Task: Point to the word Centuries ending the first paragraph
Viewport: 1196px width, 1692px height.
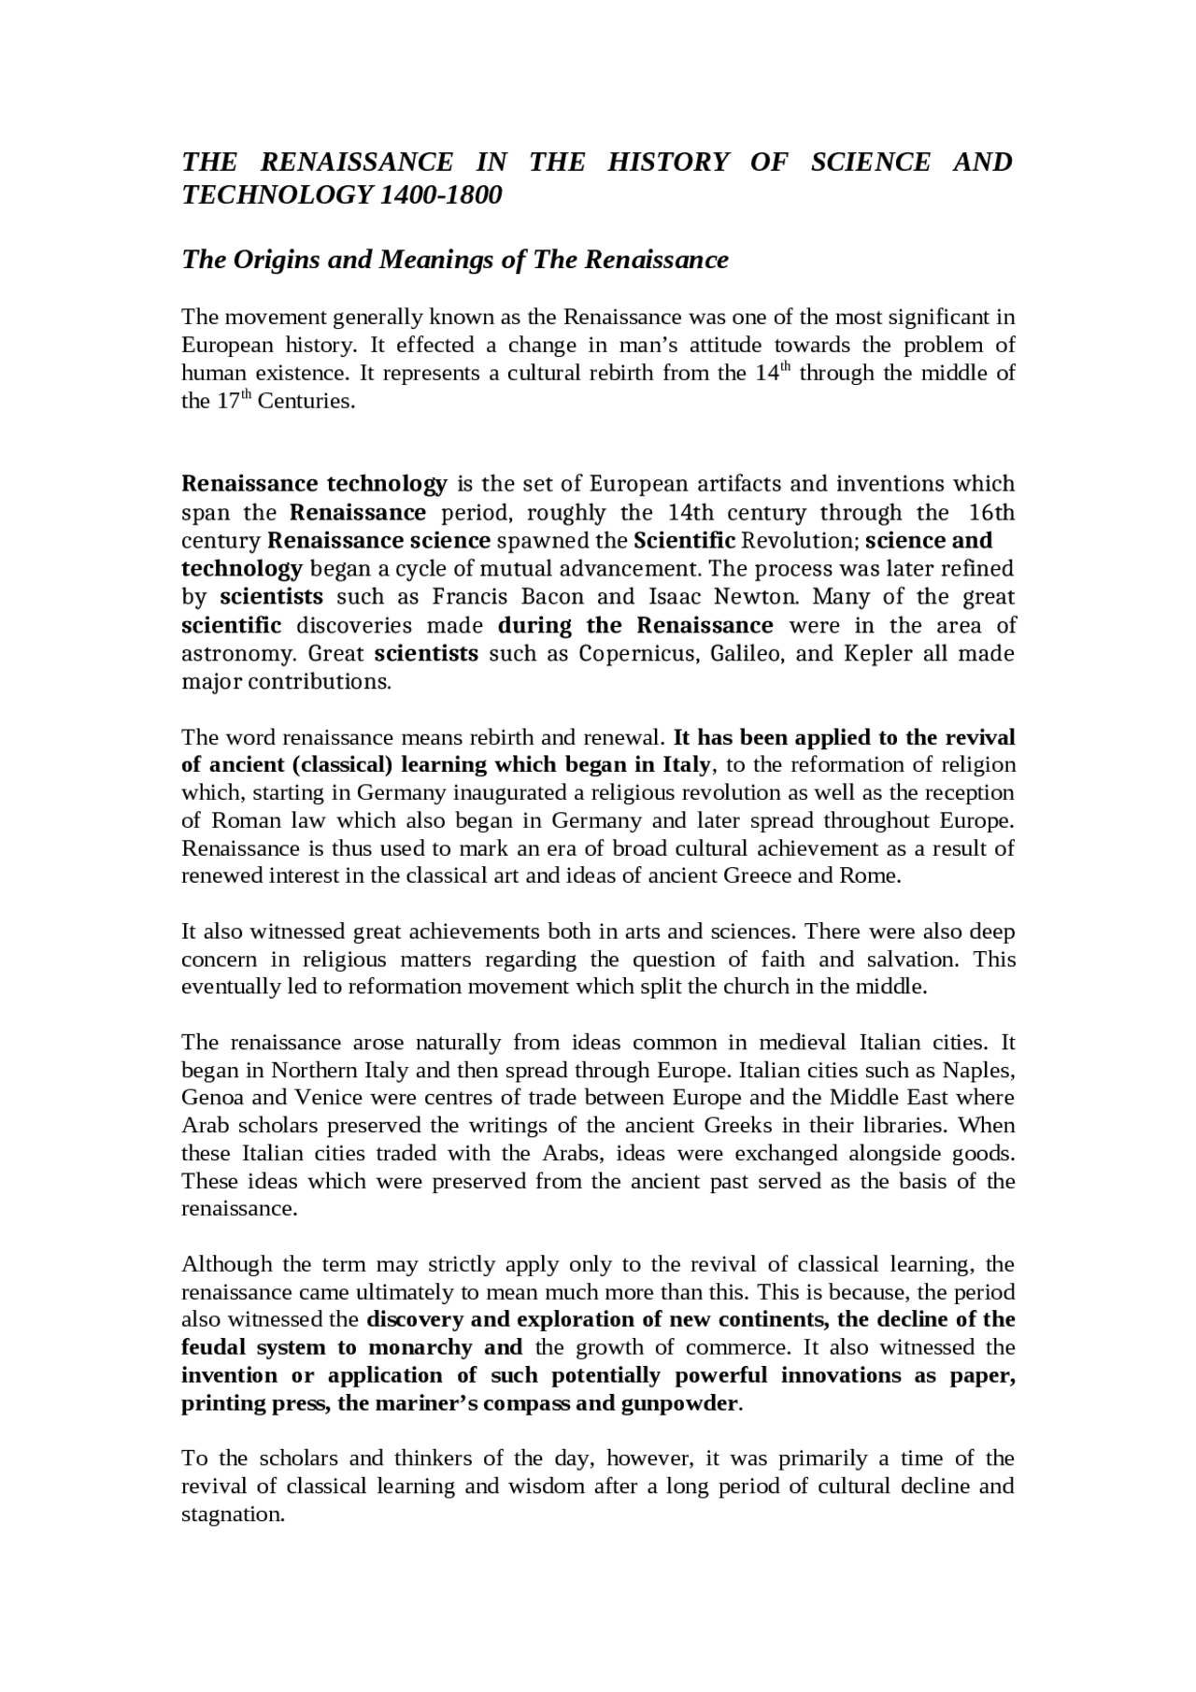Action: click(306, 402)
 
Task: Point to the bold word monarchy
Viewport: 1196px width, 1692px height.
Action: click(420, 1347)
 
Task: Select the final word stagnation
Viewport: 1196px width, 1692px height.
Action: click(232, 1514)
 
